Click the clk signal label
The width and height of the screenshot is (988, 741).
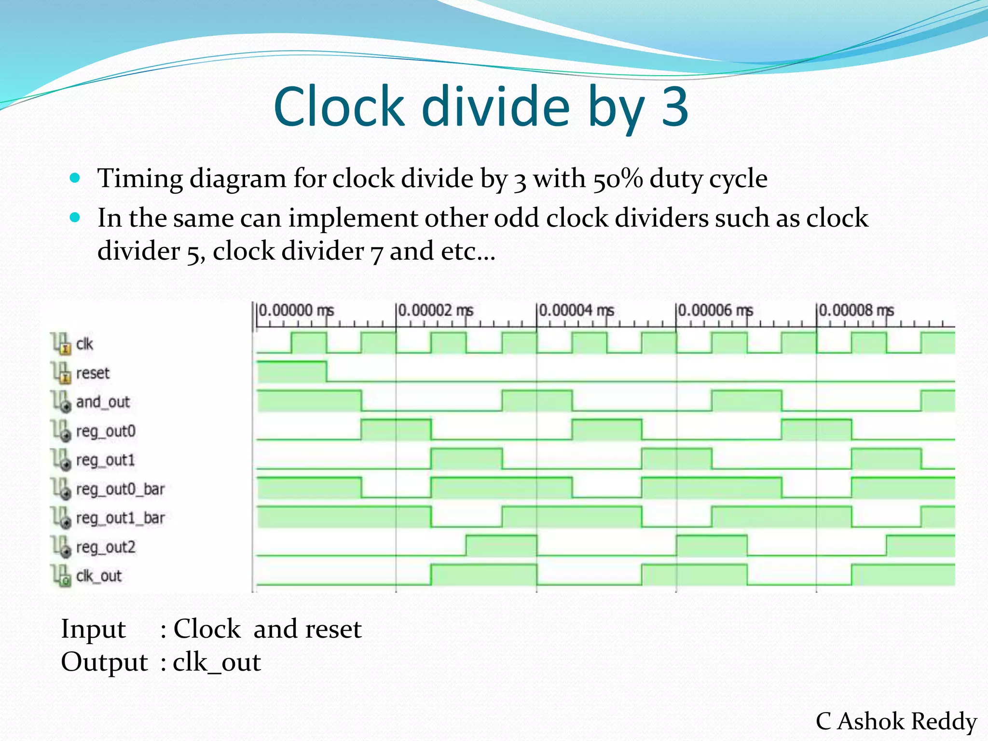[84, 344]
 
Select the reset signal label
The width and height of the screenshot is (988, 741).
[93, 373]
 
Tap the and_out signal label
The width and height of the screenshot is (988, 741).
[103, 402]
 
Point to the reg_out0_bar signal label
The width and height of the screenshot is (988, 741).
[120, 489]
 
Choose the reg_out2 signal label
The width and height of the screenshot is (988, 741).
[106, 547]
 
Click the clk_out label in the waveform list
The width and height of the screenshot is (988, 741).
[99, 576]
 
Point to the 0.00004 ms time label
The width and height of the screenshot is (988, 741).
[576, 310]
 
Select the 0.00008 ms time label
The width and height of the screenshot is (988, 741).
[856, 310]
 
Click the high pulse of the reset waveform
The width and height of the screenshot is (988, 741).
[291, 371]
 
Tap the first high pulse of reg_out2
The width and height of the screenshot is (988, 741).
[501, 546]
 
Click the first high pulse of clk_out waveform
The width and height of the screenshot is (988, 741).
[483, 575]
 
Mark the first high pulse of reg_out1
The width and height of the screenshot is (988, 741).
[467, 459]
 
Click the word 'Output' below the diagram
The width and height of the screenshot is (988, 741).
[104, 662]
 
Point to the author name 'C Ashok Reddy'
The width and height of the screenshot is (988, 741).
[896, 721]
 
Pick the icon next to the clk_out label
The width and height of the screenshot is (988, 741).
[61, 576]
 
